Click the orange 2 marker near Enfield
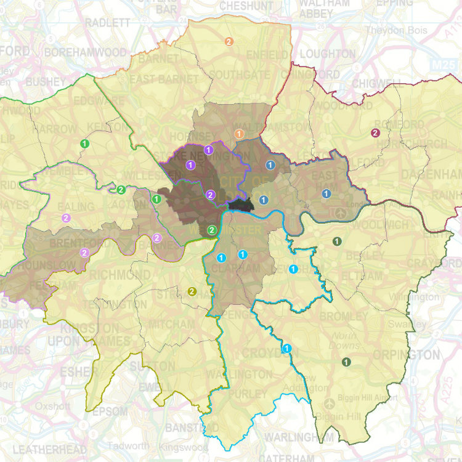click(229, 42)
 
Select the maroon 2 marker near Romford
click(375, 132)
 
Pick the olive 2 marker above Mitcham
click(192, 291)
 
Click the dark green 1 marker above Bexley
click(336, 241)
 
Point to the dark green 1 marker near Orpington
click(346, 362)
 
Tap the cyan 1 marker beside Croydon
click(286, 349)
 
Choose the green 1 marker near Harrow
click(84, 143)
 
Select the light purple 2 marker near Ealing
click(66, 217)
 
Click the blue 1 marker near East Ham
click(326, 194)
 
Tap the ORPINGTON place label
click(407, 355)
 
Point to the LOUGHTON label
click(328, 54)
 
